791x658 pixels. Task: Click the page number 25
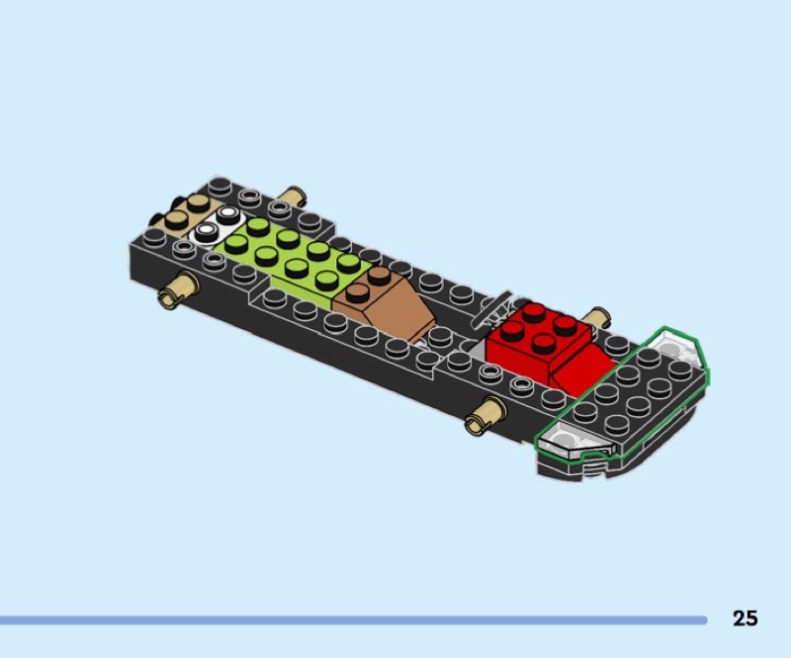(746, 618)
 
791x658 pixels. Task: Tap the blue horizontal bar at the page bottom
(353, 620)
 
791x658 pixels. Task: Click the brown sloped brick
(386, 302)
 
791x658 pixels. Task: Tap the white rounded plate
(217, 225)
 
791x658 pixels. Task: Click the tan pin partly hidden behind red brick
(597, 316)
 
